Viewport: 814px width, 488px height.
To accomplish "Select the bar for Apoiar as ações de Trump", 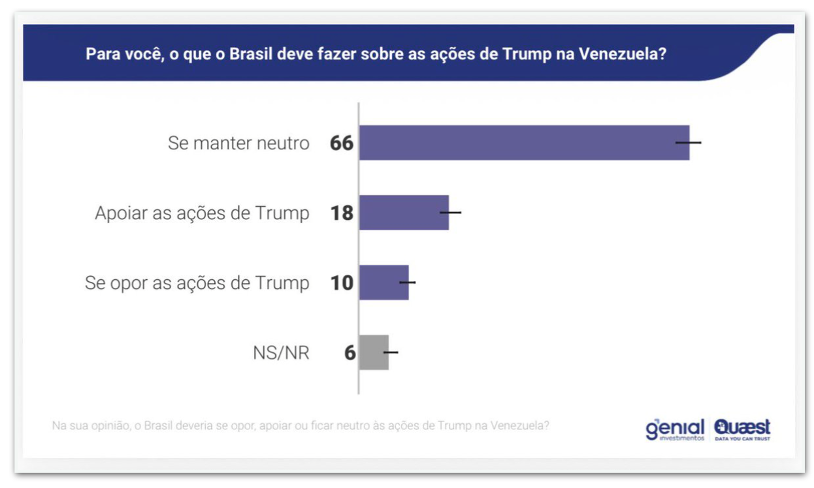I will click(x=404, y=213).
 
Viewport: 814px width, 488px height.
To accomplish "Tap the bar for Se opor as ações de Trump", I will click(x=383, y=282).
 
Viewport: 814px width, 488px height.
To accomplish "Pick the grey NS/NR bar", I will click(x=374, y=352).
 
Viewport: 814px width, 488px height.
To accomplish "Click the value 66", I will click(x=342, y=143).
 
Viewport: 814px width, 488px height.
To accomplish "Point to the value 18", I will click(x=342, y=213).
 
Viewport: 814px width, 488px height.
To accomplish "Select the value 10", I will click(x=342, y=282).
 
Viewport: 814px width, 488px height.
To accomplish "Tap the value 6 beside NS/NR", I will click(x=350, y=353).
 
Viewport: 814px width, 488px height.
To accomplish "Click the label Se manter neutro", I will click(x=238, y=143).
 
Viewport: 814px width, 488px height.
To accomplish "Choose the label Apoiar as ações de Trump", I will click(x=202, y=213).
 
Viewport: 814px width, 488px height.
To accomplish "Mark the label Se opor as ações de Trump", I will click(x=197, y=283).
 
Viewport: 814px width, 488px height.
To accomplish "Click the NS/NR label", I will click(x=281, y=353).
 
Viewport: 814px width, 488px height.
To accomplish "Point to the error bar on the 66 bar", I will click(x=689, y=142).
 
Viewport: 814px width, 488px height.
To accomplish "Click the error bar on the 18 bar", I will click(x=451, y=213).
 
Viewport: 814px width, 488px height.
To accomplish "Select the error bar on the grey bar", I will click(x=391, y=352).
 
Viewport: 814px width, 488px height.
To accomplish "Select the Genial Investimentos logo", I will click(x=675, y=429).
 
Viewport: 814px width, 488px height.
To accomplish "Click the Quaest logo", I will click(x=742, y=429).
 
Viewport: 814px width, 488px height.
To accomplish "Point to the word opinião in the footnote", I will click(x=111, y=426).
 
